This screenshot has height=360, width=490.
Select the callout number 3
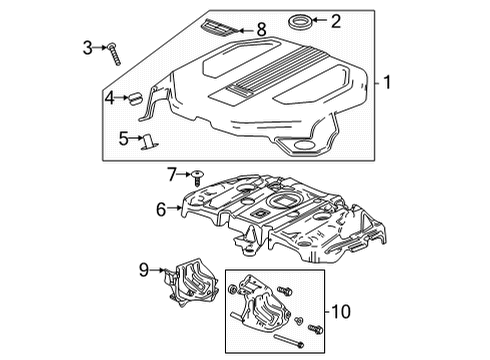(x=87, y=45)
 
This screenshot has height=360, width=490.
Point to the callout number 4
(x=110, y=97)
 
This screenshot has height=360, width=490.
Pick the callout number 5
(x=123, y=137)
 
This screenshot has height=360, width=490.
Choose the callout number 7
(x=172, y=173)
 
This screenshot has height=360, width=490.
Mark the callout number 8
(x=263, y=31)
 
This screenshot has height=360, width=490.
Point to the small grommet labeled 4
(x=132, y=98)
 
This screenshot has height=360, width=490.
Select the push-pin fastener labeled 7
(x=194, y=174)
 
